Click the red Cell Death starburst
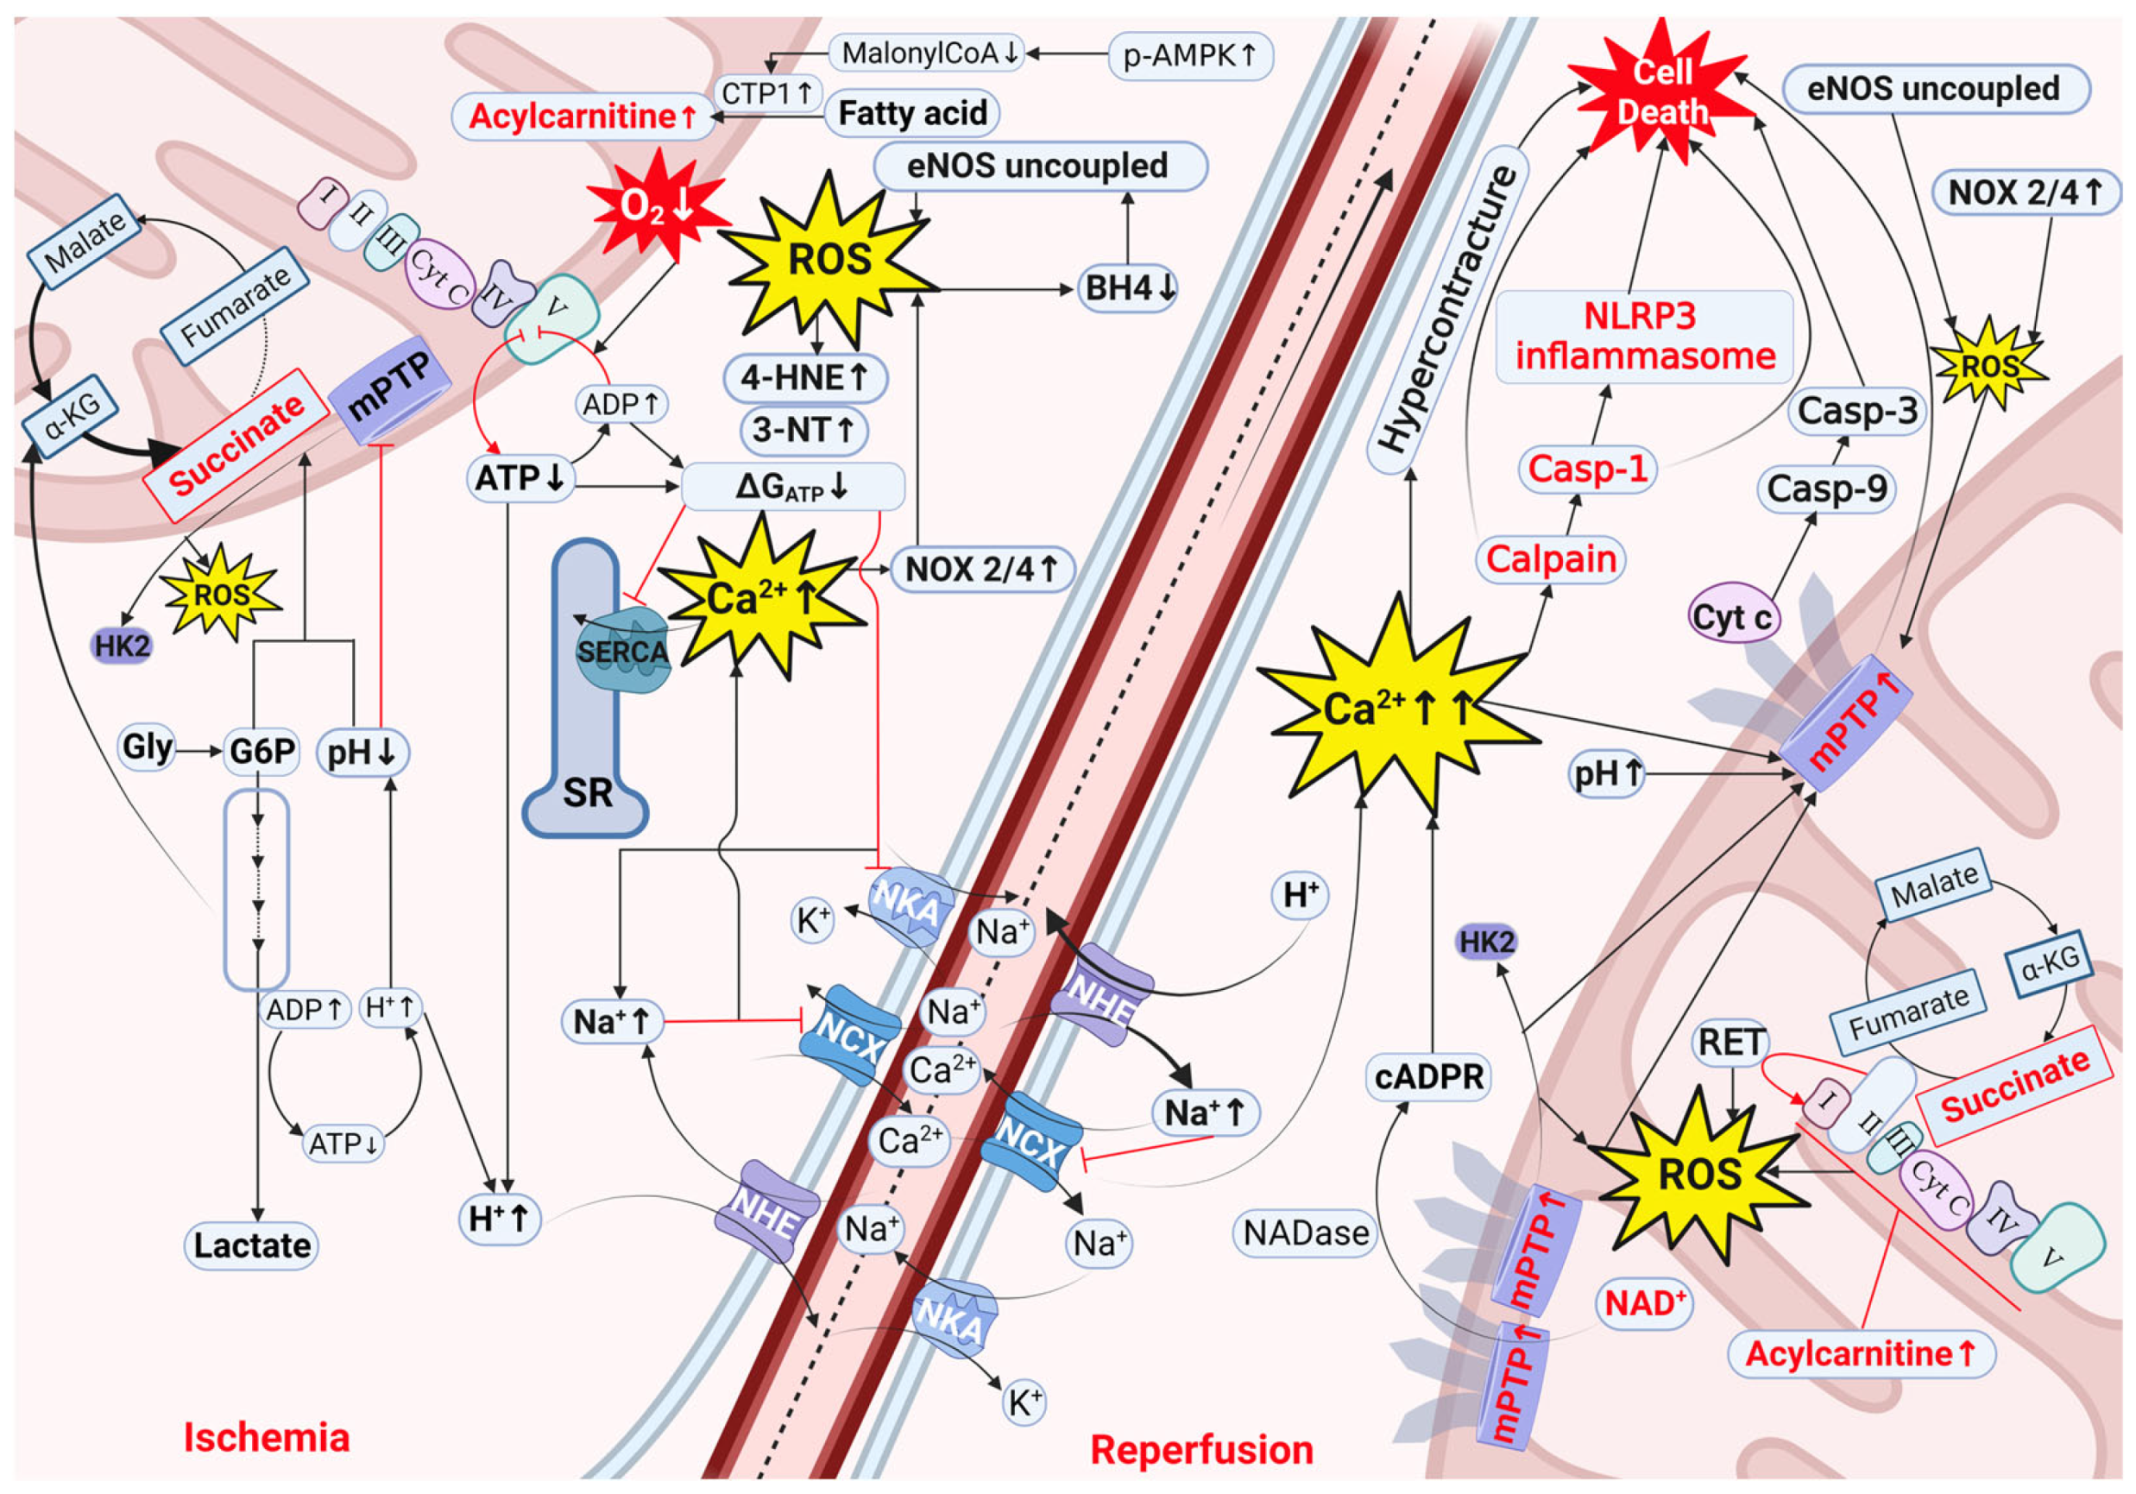click(x=1662, y=93)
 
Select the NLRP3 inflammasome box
click(x=1644, y=337)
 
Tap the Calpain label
click(x=1551, y=559)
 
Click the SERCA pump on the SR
click(x=621, y=651)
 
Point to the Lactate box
click(x=252, y=1245)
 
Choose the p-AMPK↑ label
click(x=1190, y=56)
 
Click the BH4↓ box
click(x=1130, y=288)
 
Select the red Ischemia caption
click(x=267, y=1437)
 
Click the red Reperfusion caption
click(x=1201, y=1449)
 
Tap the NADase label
click(x=1306, y=1232)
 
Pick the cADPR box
click(x=1429, y=1076)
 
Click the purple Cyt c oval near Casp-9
click(x=1733, y=617)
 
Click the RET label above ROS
click(x=1730, y=1042)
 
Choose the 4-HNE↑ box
click(x=804, y=378)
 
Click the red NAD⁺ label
click(x=1644, y=1303)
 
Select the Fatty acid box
click(x=911, y=113)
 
